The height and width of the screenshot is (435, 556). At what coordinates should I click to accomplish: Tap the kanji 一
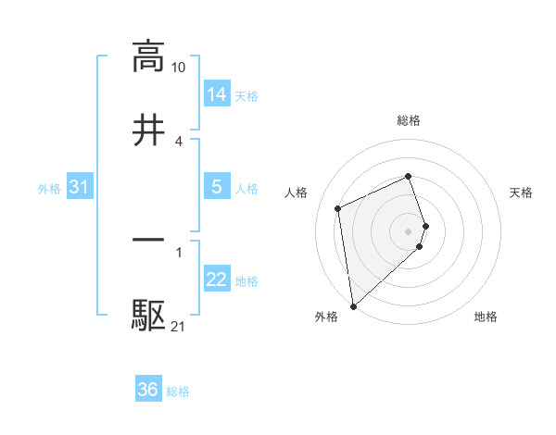pos(148,241)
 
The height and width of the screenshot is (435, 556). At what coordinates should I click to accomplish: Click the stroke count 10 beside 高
pos(178,68)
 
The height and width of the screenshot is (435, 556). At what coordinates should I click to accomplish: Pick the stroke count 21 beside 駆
pos(178,327)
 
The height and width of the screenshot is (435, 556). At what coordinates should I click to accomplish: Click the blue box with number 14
pos(217,93)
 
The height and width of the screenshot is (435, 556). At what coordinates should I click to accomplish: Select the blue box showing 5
pos(217,187)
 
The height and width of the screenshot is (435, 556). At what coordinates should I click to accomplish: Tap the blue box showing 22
pos(217,280)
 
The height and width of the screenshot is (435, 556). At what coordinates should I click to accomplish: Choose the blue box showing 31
pos(80,187)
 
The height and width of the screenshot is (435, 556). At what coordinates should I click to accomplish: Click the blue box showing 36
pos(148,390)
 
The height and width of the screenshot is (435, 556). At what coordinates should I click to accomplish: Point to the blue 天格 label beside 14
pos(246,95)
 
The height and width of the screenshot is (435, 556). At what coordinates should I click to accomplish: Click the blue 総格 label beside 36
pos(178,391)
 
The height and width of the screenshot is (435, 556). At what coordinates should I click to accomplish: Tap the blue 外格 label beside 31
pos(49,189)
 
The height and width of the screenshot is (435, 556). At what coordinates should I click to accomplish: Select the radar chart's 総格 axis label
pos(409,120)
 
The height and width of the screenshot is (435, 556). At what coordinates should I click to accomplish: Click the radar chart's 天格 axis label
pos(522,193)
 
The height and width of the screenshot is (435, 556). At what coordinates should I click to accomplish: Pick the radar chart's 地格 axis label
pos(486,317)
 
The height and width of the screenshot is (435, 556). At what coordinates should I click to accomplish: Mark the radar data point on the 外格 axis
pos(352,306)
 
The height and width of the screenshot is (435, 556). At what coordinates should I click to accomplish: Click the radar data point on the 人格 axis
pos(338,208)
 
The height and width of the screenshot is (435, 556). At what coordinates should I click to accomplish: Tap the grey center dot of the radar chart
pos(409,230)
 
